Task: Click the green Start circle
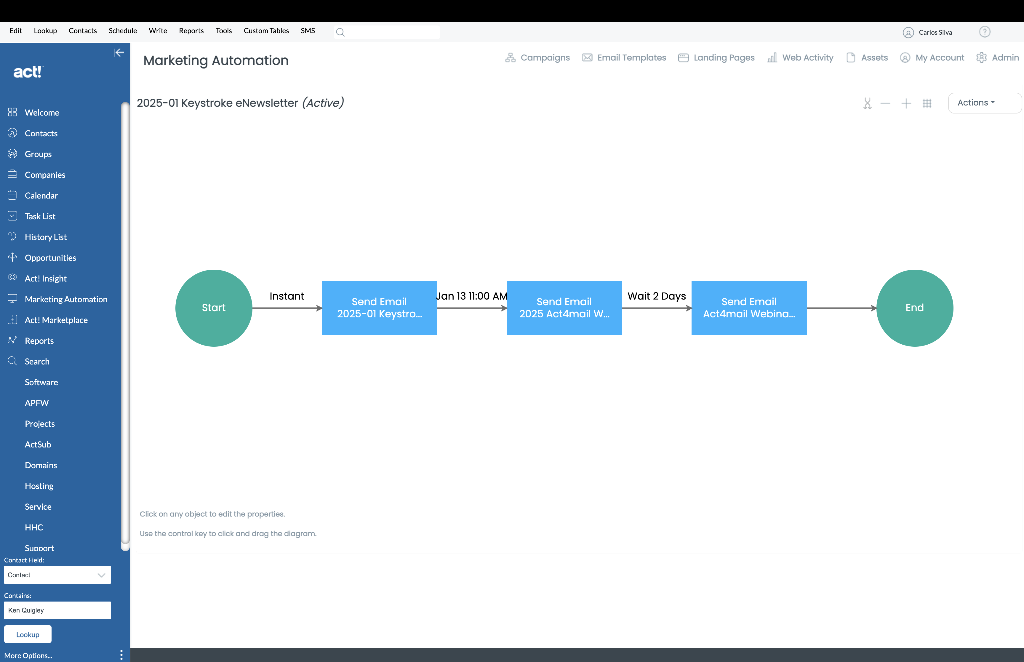(x=214, y=308)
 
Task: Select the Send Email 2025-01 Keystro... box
(x=380, y=308)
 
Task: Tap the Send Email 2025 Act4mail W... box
(x=564, y=308)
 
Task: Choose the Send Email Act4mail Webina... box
(x=749, y=308)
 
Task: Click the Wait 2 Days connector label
(x=657, y=296)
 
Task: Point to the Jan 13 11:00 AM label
(x=472, y=296)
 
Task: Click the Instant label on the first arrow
(x=287, y=296)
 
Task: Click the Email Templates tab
(x=624, y=57)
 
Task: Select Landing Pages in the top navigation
(x=716, y=57)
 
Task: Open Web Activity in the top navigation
(x=800, y=57)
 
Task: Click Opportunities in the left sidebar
(x=50, y=258)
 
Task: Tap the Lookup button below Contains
(x=28, y=634)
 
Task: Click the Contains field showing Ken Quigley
(x=57, y=610)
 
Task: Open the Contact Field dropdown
(x=57, y=575)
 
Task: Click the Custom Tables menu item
(x=266, y=31)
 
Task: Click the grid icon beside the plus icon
(x=927, y=103)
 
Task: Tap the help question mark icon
(x=985, y=32)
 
